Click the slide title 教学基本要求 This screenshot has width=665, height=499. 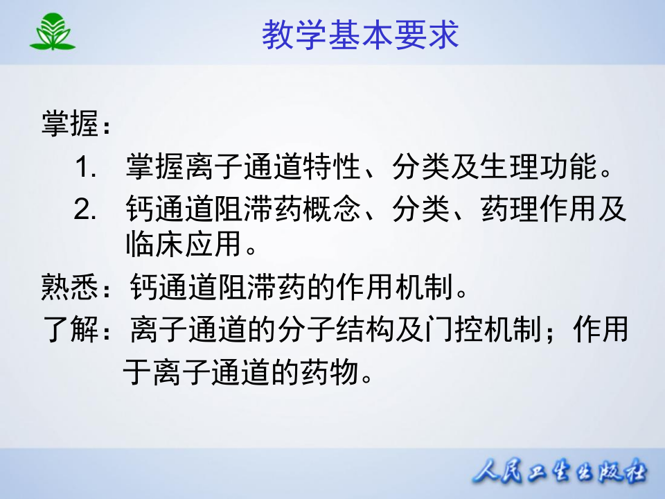pos(360,35)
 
